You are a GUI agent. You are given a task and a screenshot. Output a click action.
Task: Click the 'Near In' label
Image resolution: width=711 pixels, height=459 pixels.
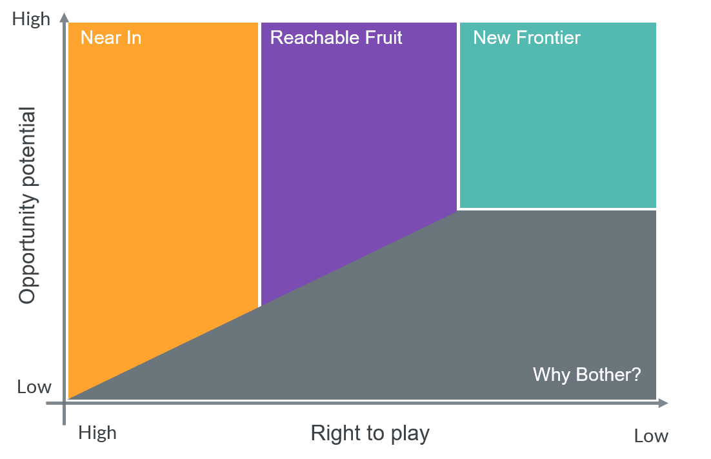pos(110,37)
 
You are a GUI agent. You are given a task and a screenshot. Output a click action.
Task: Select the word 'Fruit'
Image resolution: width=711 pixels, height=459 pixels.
pos(384,37)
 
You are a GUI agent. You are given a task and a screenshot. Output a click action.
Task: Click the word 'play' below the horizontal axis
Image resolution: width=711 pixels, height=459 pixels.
pos(410,434)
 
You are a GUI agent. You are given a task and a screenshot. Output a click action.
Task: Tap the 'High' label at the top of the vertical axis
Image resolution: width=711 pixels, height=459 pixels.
pos(31,19)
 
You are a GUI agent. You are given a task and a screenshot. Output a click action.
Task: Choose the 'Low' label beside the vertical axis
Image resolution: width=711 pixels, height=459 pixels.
pos(34,387)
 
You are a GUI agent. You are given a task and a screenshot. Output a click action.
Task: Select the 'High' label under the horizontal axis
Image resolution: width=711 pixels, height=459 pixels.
pos(97,433)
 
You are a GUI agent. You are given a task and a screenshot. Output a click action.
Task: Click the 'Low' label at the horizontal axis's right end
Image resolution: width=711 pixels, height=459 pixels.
pos(651,436)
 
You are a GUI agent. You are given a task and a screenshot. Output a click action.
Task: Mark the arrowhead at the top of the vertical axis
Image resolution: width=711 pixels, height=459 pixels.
pos(65,17)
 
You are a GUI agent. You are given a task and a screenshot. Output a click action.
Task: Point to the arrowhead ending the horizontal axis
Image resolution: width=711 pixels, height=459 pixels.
pos(663,403)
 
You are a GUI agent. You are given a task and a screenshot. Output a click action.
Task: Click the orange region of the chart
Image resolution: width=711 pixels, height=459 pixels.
pos(163,181)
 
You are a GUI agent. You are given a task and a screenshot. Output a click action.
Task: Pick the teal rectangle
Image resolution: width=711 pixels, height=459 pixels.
pos(557,115)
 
